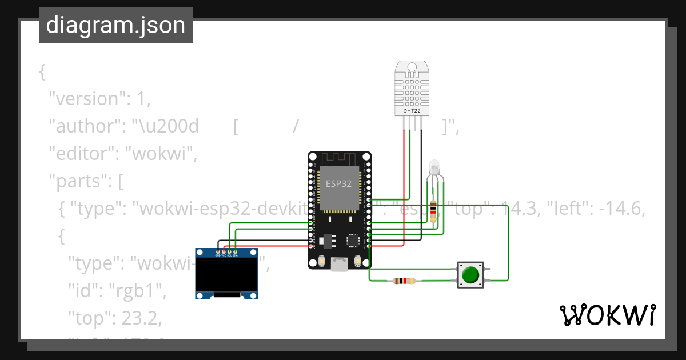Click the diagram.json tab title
point(115,26)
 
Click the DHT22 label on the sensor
point(412,111)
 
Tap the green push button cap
point(470,275)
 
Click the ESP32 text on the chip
point(338,184)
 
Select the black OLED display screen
point(226,275)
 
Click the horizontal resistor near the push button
point(404,281)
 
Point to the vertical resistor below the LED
point(433,211)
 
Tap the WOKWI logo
point(607,315)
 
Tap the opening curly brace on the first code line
point(42,72)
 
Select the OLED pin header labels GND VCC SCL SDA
point(226,255)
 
